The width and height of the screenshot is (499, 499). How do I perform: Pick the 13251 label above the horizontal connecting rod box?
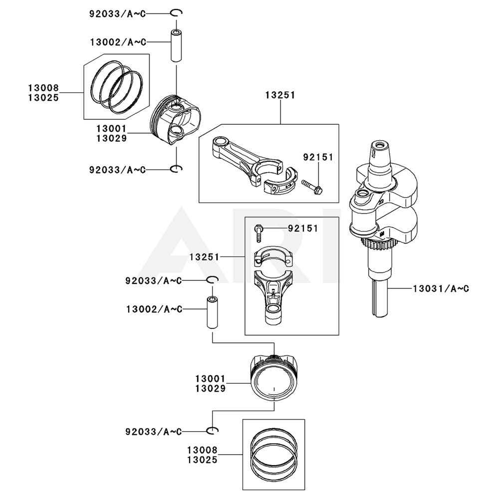pos(280,95)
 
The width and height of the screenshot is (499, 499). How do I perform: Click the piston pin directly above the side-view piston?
pos(176,45)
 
